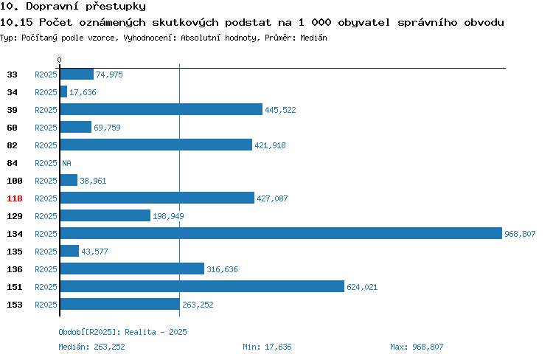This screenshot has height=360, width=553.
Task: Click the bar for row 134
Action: point(281,233)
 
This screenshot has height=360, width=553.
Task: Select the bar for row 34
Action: point(63,91)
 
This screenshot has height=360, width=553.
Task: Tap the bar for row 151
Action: point(202,286)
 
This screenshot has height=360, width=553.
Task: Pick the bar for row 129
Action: point(105,215)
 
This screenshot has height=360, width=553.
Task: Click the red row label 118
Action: point(15,198)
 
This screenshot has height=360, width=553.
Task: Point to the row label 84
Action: point(12,163)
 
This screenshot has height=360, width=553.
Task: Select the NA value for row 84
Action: point(66,163)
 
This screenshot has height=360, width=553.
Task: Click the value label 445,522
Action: point(280,110)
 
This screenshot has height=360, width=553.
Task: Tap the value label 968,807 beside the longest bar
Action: point(520,234)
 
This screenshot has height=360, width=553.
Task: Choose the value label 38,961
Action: point(93,181)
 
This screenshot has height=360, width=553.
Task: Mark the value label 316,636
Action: point(222,269)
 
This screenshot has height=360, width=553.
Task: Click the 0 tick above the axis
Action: point(59,60)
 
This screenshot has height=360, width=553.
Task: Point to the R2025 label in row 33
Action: point(46,75)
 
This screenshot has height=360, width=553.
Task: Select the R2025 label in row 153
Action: point(46,305)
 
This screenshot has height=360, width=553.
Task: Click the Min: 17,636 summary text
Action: point(267,347)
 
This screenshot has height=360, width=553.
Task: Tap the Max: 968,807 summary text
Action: point(417,347)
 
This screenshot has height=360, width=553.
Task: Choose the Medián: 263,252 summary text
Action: point(91,347)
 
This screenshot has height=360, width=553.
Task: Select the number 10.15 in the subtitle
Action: point(16,22)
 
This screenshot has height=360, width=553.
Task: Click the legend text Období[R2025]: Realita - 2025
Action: point(122,332)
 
